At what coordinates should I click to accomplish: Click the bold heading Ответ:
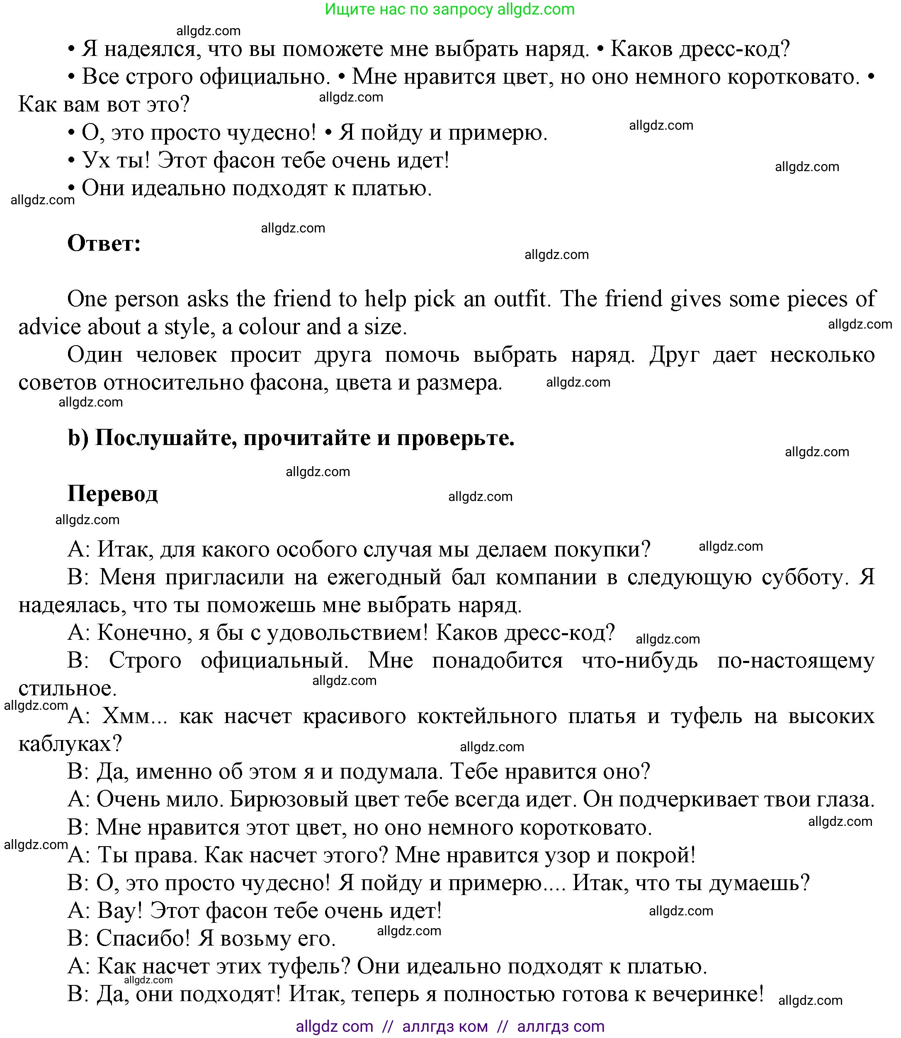104,244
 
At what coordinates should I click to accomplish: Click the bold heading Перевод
113,494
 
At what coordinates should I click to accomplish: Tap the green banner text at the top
449,9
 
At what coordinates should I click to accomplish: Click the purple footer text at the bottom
450,1026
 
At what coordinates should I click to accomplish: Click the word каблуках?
70,743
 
